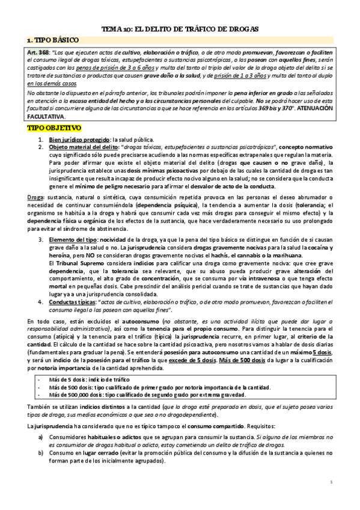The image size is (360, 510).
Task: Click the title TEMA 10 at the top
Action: pos(180,28)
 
